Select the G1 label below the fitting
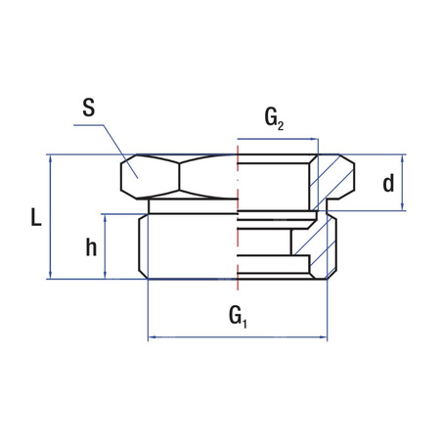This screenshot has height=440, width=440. coord(238,315)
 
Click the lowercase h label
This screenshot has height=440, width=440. coord(90,247)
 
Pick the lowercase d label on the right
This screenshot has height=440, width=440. coord(389,184)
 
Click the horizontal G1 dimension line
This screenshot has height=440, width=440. coord(196,338)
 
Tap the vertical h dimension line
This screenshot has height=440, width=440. coord(106,247)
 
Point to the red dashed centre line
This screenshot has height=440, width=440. coord(238,225)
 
